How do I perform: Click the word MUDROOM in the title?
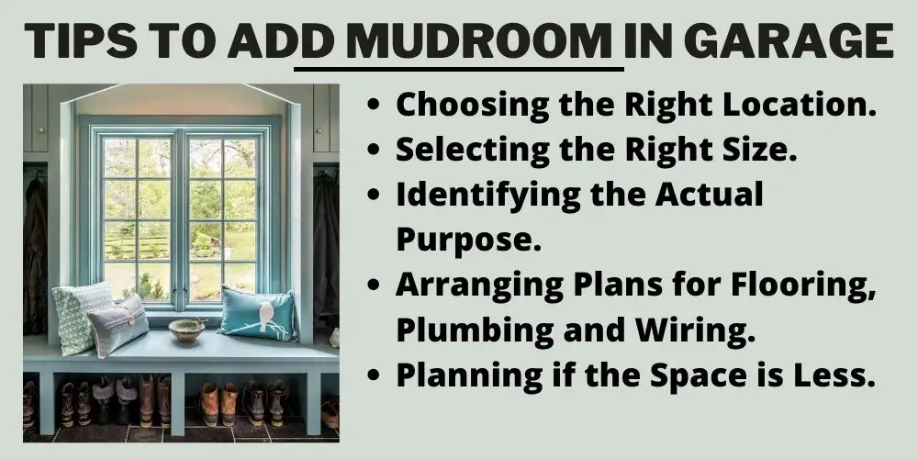tap(478, 42)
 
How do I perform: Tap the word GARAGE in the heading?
tap(788, 42)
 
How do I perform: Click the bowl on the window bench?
tap(186, 330)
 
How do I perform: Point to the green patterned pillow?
tap(80, 316)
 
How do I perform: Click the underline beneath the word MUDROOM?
tap(459, 69)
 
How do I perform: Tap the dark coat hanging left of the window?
tap(35, 258)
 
